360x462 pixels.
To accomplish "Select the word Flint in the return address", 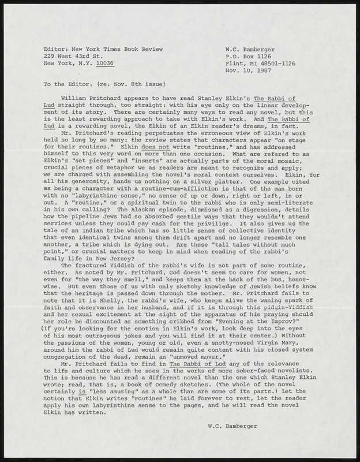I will [x=235, y=64].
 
